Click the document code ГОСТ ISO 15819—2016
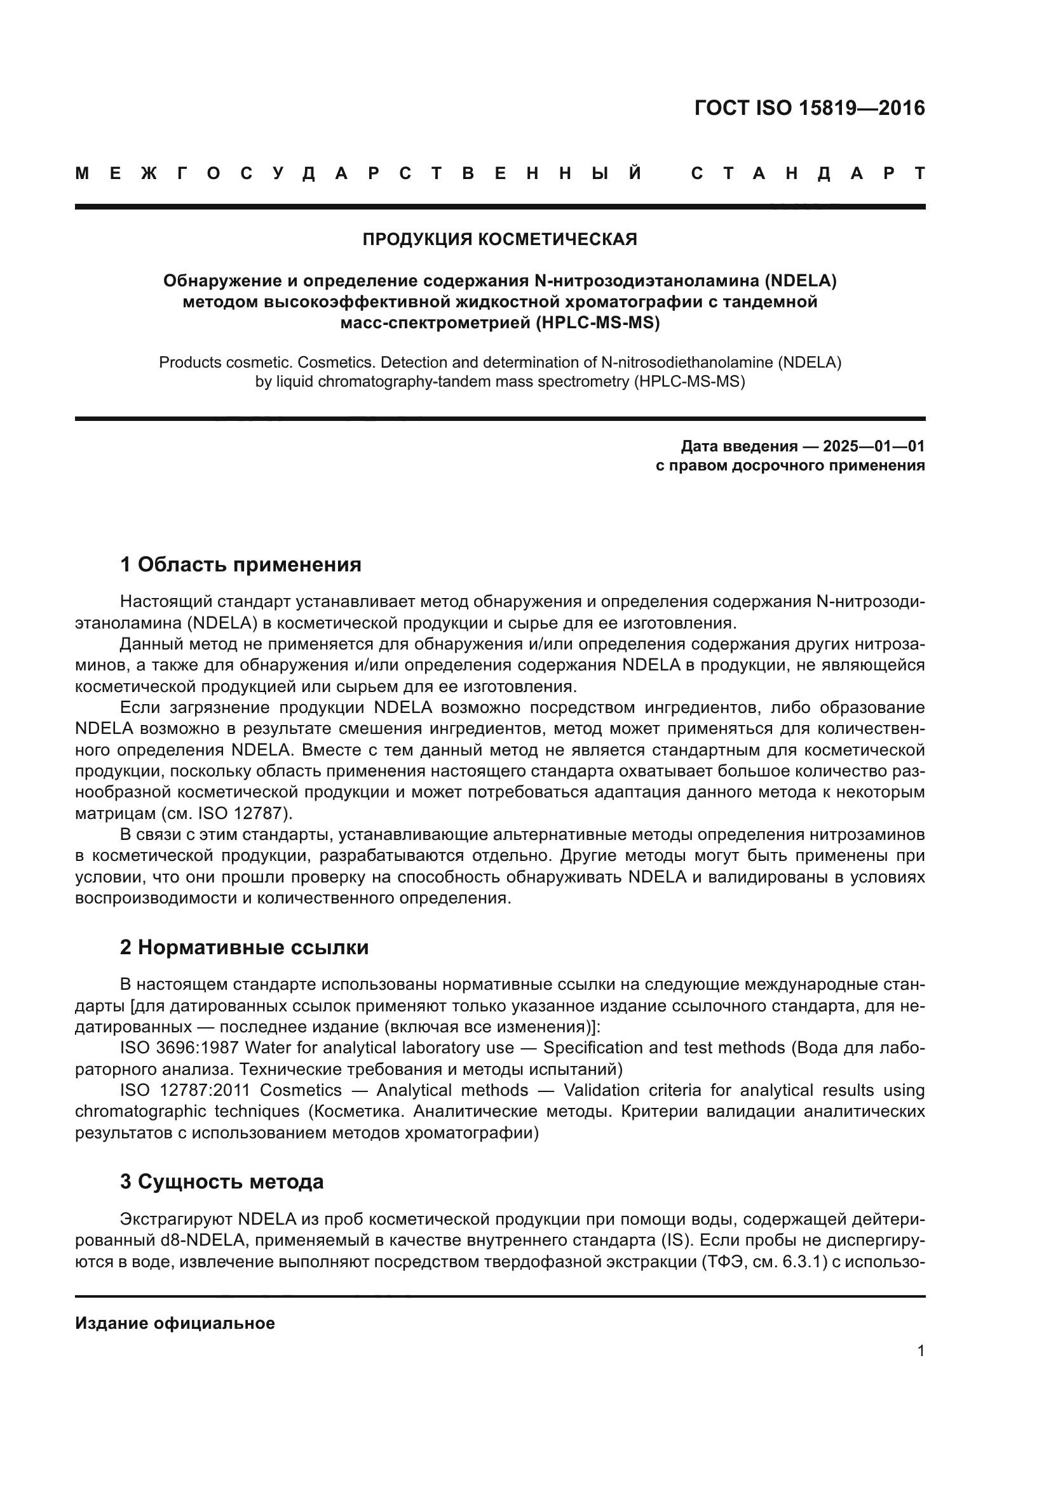(x=809, y=107)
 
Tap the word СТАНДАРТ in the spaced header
(x=808, y=174)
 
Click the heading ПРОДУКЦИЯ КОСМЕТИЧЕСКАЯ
(x=499, y=239)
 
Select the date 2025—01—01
(x=874, y=446)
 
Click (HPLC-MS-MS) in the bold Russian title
(x=597, y=323)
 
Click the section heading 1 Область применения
(x=241, y=564)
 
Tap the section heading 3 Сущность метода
(x=222, y=1182)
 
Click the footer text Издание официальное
(x=175, y=1323)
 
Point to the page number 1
(x=921, y=1351)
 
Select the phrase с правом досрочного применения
(x=790, y=465)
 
